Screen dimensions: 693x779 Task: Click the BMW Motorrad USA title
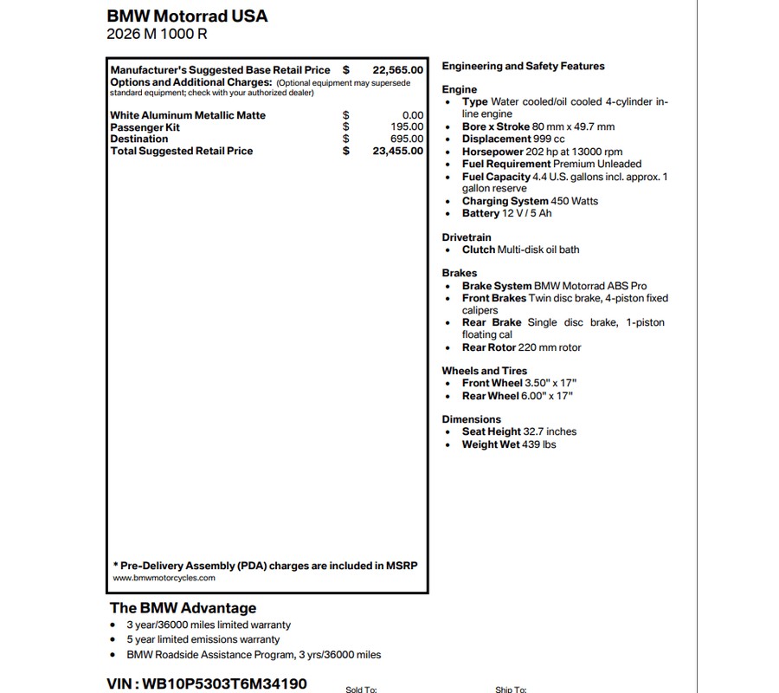187,16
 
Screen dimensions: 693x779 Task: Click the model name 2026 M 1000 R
157,35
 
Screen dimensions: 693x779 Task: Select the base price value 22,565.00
398,70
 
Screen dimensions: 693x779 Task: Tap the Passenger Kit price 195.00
407,127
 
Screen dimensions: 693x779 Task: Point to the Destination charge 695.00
407,139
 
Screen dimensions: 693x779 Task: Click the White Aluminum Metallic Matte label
188,115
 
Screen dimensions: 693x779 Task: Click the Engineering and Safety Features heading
523,66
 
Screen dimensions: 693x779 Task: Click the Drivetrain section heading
466,237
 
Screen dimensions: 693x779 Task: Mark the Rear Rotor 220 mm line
521,347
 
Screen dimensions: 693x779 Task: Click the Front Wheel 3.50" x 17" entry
518,383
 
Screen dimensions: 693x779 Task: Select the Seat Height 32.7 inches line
518,431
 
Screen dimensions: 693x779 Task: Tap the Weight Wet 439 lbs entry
508,444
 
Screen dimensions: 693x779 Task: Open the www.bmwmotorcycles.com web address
164,578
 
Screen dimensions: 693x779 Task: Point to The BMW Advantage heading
183,608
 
